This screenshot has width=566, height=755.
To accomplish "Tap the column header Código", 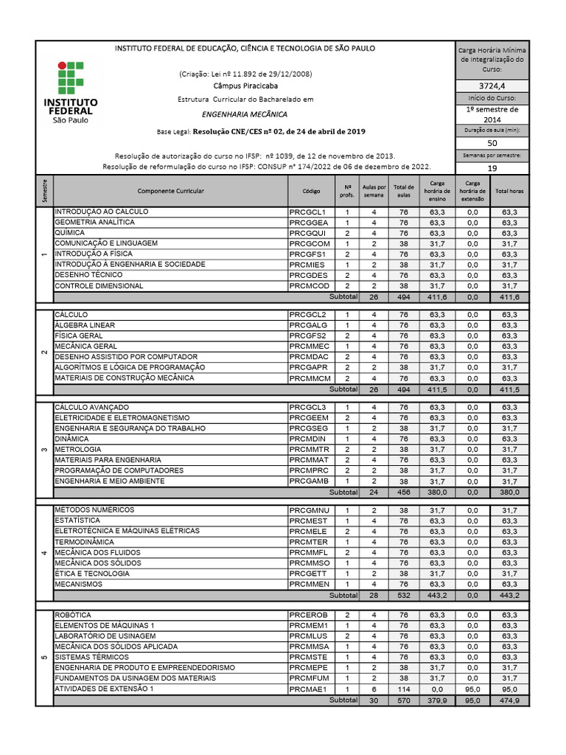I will point(311,190).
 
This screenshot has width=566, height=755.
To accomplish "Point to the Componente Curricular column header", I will point(170,190).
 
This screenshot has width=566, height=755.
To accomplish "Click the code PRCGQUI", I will point(309,233).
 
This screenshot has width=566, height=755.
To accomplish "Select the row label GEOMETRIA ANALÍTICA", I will point(95,222).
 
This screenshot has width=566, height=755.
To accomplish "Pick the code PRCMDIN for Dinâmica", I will point(309,439).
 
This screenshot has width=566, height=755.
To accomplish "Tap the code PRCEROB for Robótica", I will point(309,614).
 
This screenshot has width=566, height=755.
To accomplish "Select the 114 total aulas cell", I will point(403,689).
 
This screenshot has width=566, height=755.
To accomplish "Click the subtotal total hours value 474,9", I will point(509,700).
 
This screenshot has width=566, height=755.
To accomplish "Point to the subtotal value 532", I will point(403,595).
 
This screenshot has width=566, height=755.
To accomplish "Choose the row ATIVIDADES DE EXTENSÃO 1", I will point(104,689).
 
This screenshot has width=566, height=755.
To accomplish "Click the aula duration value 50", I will point(492,143).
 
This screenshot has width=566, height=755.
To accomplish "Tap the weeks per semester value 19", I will point(492,167).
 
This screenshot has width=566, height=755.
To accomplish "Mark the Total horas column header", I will point(509,190).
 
